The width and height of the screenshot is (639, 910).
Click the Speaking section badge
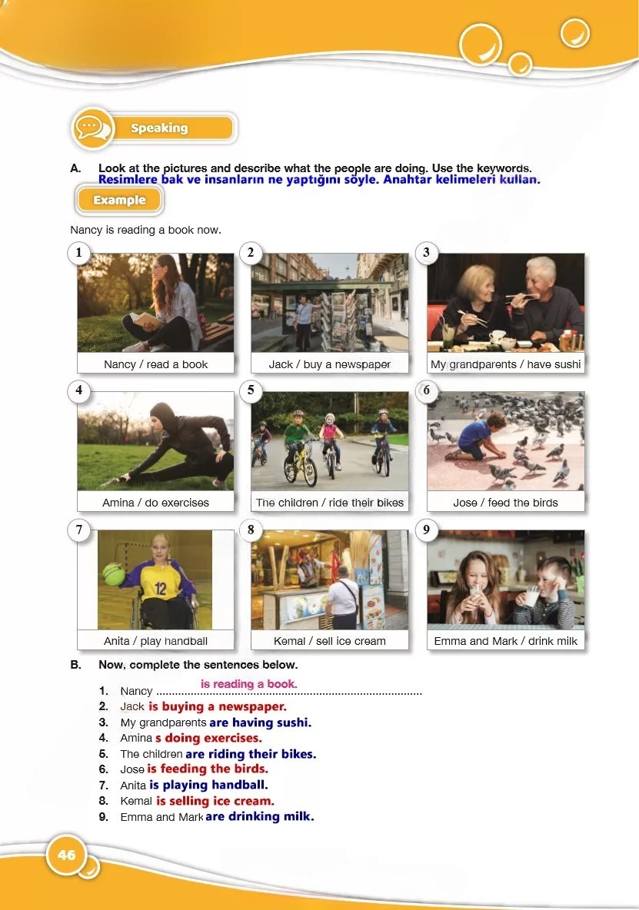click(154, 128)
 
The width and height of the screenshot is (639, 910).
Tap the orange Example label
click(119, 201)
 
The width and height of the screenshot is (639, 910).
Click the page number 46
click(67, 855)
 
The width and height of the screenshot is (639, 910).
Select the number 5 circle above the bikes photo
click(251, 390)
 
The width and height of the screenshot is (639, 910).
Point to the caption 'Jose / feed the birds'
click(505, 503)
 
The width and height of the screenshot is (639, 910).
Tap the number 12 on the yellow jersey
click(161, 589)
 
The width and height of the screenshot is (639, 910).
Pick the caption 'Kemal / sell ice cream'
click(330, 641)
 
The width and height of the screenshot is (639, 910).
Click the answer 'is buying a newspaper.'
click(218, 707)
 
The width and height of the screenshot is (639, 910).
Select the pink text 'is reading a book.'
click(249, 684)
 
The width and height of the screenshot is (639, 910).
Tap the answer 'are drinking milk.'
click(260, 816)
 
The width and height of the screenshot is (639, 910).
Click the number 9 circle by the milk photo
click(427, 530)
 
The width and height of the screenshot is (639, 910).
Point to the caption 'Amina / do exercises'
click(155, 503)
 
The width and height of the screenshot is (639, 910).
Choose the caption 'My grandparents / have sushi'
click(505, 364)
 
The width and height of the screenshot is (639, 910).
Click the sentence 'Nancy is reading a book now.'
click(145, 230)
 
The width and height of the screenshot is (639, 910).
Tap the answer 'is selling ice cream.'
click(215, 801)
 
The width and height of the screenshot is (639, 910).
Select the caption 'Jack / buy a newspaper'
click(330, 364)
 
